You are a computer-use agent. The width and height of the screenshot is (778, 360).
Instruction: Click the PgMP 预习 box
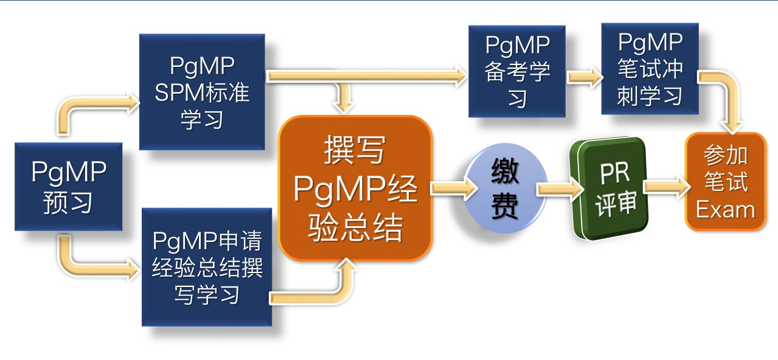tap(68, 187)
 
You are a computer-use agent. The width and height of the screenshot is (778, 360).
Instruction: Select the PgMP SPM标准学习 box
tap(202, 92)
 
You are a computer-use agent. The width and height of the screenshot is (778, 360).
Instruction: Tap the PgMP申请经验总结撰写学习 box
tap(206, 267)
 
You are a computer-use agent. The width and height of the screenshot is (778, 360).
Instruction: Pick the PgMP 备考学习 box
tap(516, 71)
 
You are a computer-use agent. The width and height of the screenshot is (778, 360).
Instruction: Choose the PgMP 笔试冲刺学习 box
tap(649, 69)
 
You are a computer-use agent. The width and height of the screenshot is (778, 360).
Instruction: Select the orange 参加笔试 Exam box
tap(725, 182)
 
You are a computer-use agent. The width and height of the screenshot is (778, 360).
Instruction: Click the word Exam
tap(725, 210)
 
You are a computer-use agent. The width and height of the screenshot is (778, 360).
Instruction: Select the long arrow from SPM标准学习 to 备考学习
tap(365, 77)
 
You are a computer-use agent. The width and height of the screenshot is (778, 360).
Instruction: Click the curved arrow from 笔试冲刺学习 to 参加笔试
tap(724, 97)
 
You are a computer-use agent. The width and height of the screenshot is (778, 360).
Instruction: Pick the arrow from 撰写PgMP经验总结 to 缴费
tap(449, 189)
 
